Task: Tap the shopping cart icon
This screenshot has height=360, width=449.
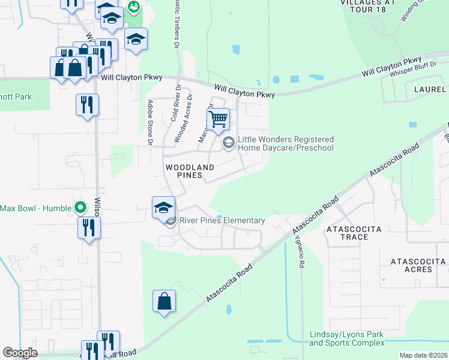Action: tap(218, 118)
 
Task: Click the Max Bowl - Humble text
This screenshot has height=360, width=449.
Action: tap(35, 208)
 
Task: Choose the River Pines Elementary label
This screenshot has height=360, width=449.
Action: tap(222, 221)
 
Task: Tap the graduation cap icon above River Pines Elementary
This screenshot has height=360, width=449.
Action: tap(163, 207)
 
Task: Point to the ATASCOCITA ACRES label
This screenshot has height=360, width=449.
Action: tap(418, 265)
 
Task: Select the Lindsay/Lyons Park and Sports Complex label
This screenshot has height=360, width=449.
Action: tap(346, 338)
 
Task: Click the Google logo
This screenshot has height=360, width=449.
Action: tap(20, 353)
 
